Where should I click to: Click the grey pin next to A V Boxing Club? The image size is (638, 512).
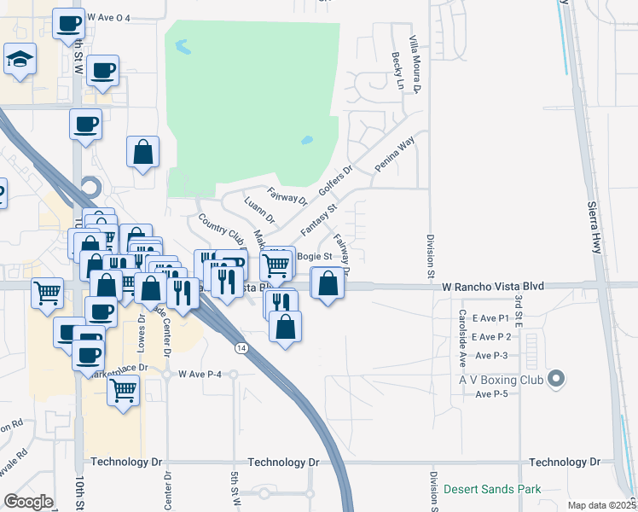557,377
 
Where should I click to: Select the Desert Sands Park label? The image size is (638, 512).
492,490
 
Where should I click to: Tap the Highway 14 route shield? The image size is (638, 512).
241,347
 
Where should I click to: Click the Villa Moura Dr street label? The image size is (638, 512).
415,64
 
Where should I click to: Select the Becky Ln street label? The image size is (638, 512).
397,70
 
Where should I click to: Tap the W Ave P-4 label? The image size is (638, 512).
201,375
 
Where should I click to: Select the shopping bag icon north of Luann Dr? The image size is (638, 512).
143,153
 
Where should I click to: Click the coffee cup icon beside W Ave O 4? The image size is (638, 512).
68,23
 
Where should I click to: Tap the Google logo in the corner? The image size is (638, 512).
28,502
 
